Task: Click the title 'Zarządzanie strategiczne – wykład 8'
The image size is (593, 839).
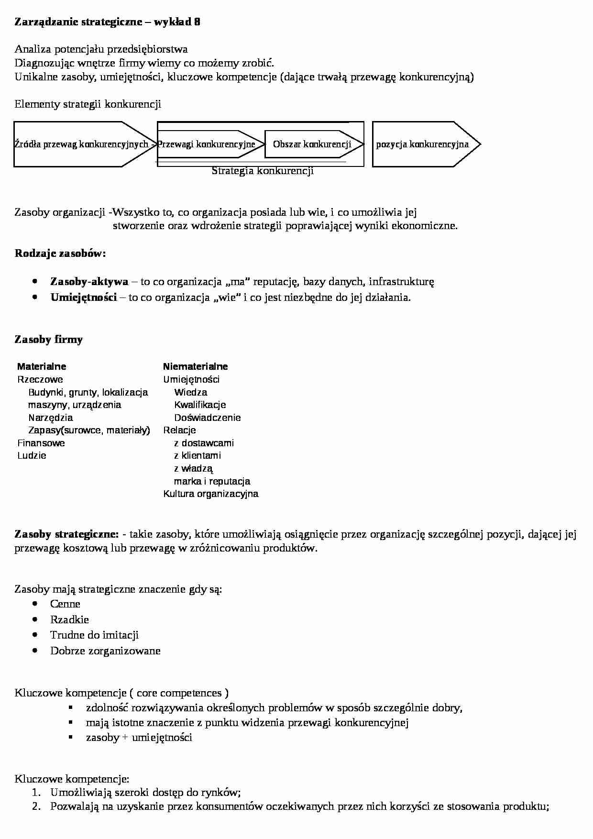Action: coord(108,22)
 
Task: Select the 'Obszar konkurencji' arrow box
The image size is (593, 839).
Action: coord(312,144)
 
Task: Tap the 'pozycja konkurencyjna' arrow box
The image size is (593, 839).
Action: coord(422,144)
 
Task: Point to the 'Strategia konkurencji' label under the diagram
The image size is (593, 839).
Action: coord(263,171)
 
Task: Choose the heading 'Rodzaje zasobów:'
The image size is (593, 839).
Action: coord(60,253)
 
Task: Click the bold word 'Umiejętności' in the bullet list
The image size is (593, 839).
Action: coord(84,297)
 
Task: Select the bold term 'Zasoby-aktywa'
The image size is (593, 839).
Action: coord(89,281)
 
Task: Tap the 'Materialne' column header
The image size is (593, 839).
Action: coord(42,366)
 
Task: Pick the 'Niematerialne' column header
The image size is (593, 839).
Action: coord(195,366)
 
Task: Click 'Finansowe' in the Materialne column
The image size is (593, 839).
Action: coord(41,443)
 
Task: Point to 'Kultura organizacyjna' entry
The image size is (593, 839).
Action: coord(210,494)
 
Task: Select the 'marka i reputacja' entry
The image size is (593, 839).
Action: coord(212,481)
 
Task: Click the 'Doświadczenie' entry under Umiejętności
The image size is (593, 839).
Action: coord(207,418)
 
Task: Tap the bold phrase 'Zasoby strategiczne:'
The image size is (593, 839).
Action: coord(67,534)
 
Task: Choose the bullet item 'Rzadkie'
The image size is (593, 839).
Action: coord(69,619)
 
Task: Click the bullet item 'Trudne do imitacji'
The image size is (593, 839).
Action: coord(94,635)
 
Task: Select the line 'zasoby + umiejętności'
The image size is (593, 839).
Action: coord(139,737)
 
